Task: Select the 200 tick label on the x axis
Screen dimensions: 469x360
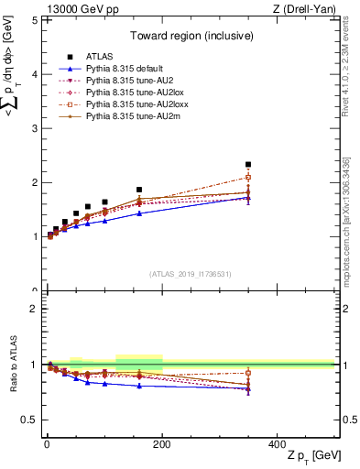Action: tap(162, 444)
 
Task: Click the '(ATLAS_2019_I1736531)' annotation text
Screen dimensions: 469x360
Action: tap(191, 273)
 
